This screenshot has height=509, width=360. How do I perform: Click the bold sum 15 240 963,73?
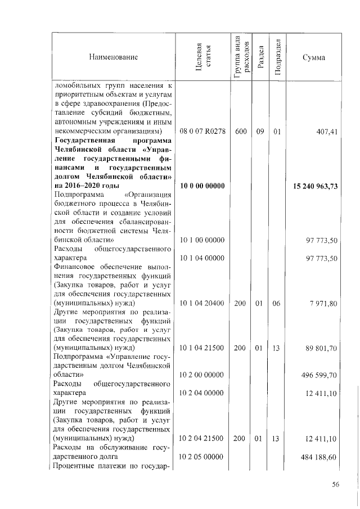click(316, 186)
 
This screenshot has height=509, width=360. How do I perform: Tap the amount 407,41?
click(326, 132)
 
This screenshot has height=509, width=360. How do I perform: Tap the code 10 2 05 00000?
click(202, 457)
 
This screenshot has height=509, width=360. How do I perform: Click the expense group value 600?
click(241, 132)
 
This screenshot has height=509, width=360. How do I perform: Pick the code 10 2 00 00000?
click(202, 374)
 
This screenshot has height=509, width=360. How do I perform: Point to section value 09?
click(259, 132)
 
